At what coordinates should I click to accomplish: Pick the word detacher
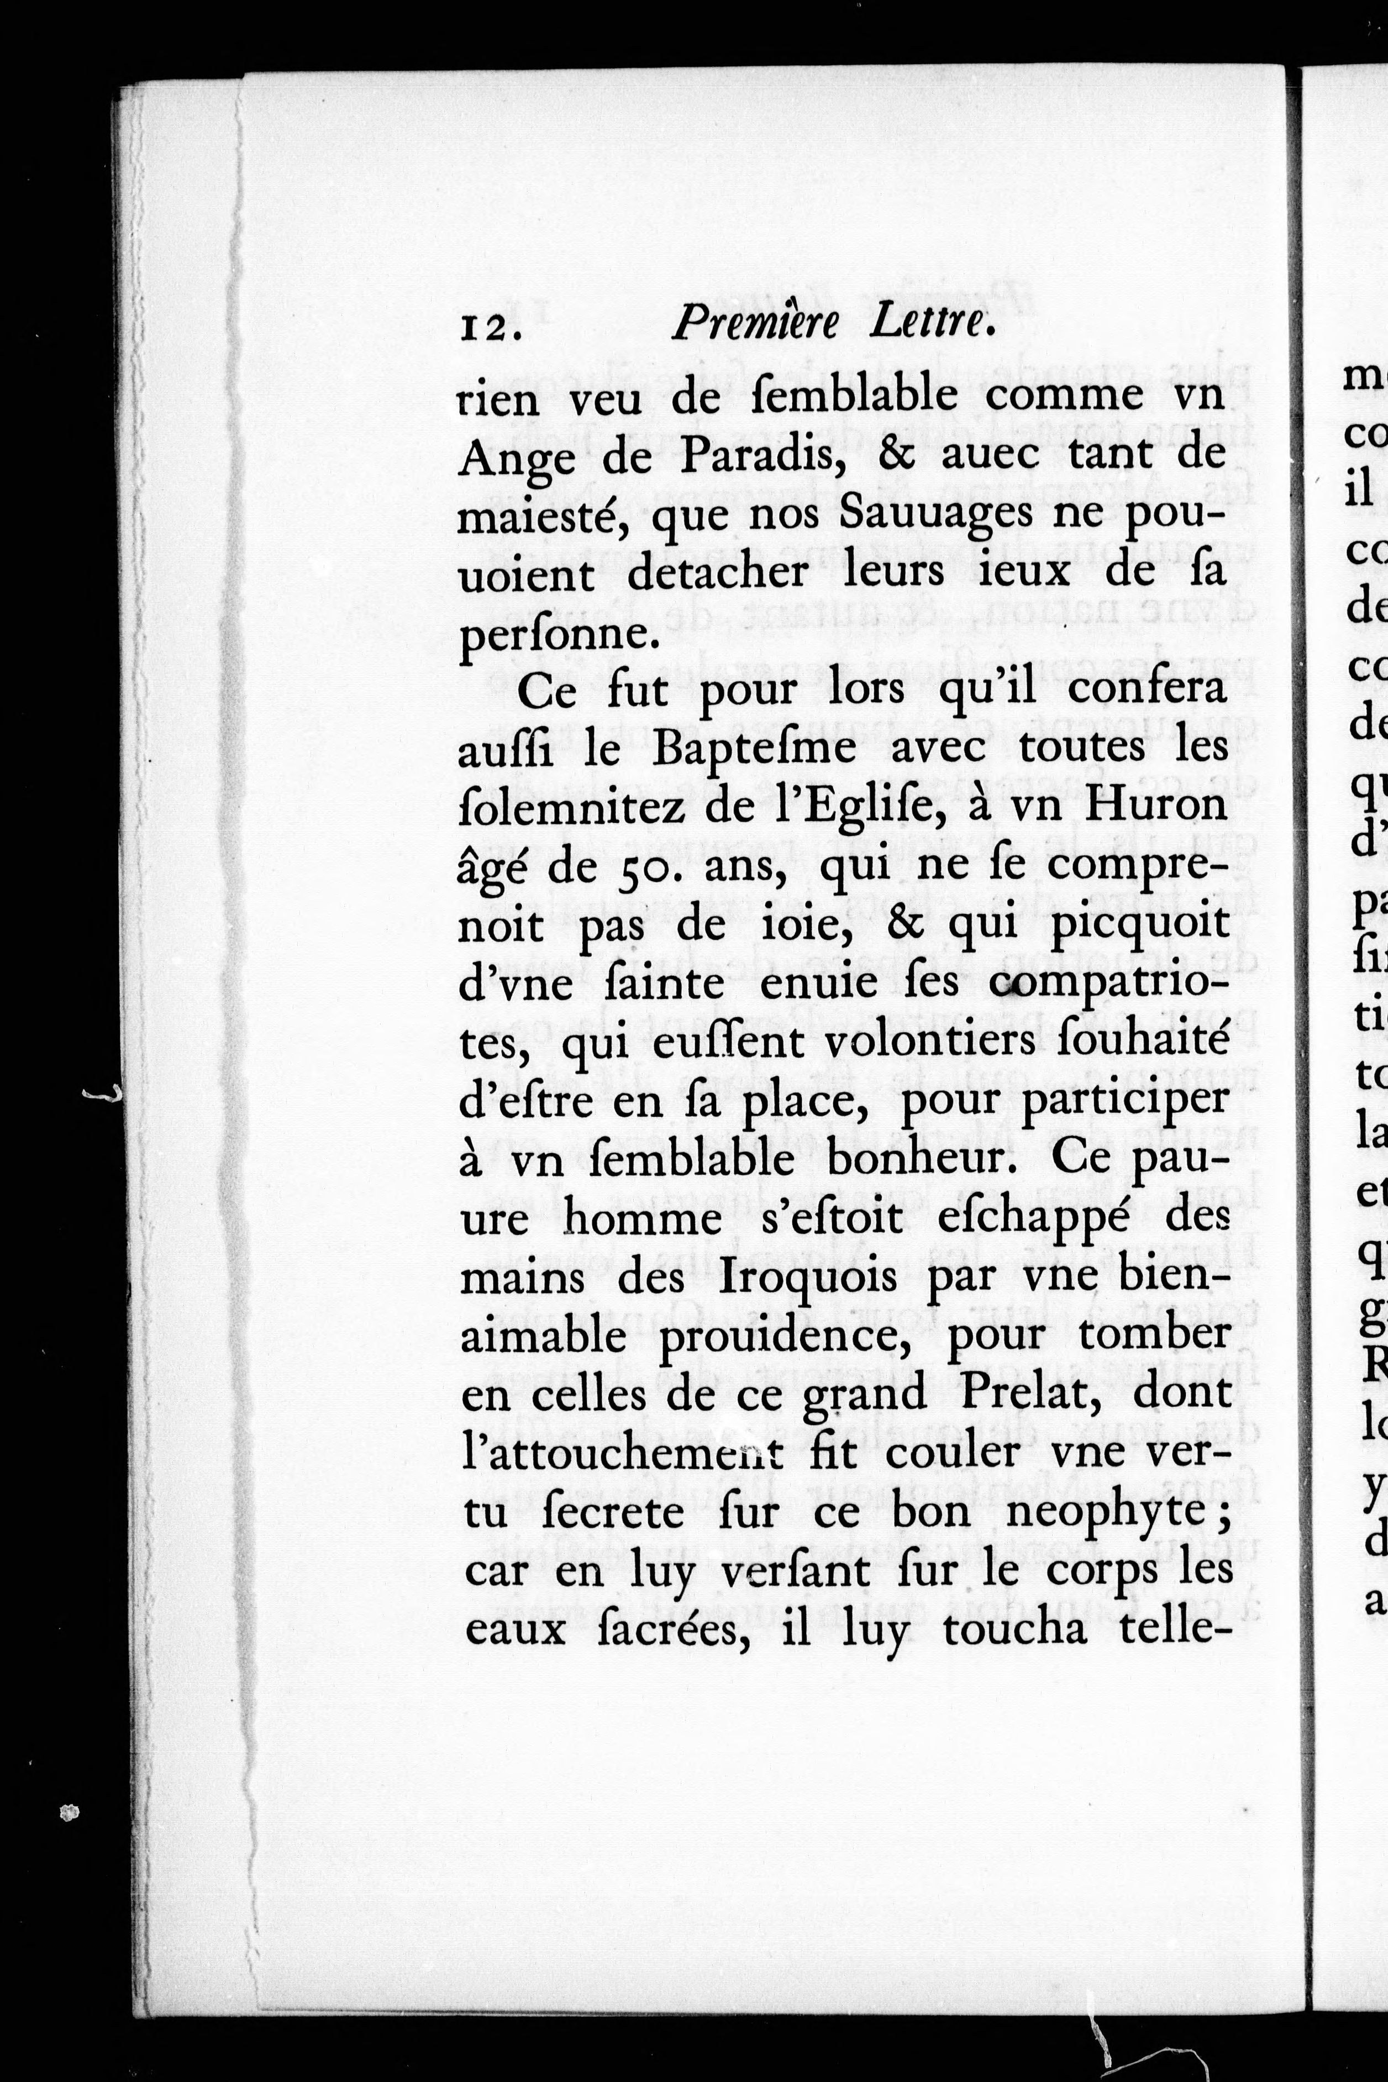tap(718, 574)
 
